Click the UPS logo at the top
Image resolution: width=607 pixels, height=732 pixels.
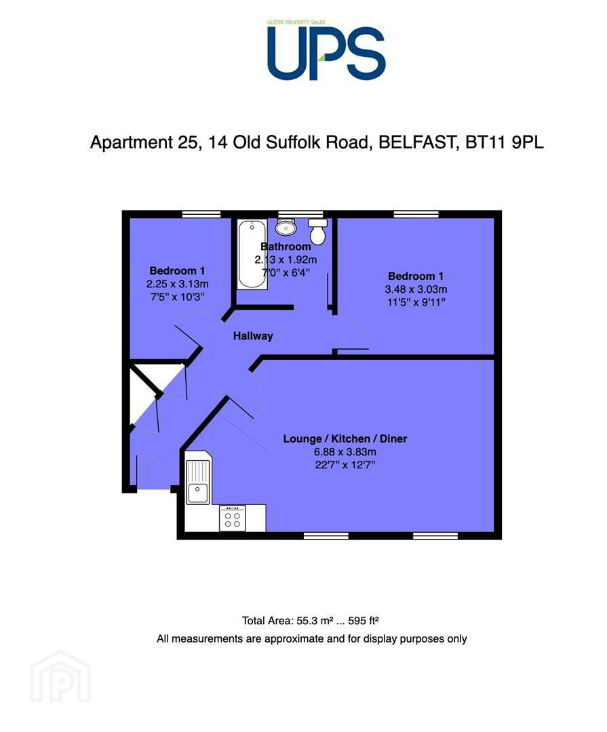[x=326, y=52]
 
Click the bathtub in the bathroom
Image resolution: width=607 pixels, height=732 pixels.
[x=252, y=255]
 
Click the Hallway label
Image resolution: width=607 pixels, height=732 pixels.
[x=253, y=336]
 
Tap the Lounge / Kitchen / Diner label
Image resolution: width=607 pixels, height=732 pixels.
[x=345, y=439]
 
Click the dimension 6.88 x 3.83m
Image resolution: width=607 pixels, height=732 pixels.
[x=345, y=452]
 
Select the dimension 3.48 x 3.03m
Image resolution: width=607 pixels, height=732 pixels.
[x=416, y=289]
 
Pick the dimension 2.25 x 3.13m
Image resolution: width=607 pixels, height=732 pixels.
[x=178, y=284]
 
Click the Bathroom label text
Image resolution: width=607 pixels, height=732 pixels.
[x=286, y=247]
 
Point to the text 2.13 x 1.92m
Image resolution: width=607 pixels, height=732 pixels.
[x=286, y=260]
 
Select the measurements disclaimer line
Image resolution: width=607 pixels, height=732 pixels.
[x=311, y=638]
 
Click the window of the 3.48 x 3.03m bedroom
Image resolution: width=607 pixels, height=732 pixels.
[x=416, y=214]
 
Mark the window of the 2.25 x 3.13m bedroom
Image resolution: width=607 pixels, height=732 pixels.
[x=201, y=214]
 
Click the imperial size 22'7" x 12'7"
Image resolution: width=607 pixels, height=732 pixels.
[x=345, y=465]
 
